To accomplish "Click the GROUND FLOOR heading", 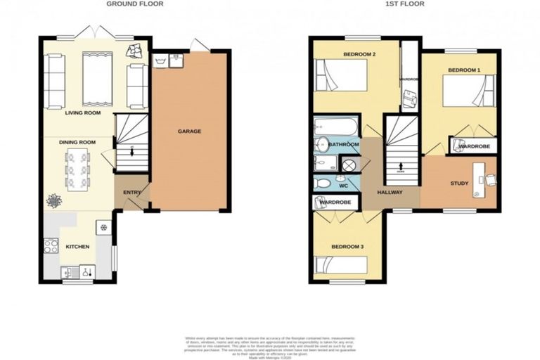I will tap(134, 4).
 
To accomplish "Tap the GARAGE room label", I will tap(189, 131).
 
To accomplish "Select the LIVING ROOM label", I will tap(83, 112).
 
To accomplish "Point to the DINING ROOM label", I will tap(77, 142).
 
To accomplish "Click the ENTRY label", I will tap(131, 192).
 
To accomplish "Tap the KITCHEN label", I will tap(77, 247).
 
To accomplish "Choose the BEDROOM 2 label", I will tap(359, 54).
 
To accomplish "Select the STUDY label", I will tap(459, 184).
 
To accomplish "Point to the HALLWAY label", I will tap(390, 191).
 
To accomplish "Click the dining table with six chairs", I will tap(78, 169).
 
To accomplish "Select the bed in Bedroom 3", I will tap(341, 266).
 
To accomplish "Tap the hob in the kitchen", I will tap(51, 246).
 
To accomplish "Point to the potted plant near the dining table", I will tap(54, 201).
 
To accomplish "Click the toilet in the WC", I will tap(323, 184).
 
